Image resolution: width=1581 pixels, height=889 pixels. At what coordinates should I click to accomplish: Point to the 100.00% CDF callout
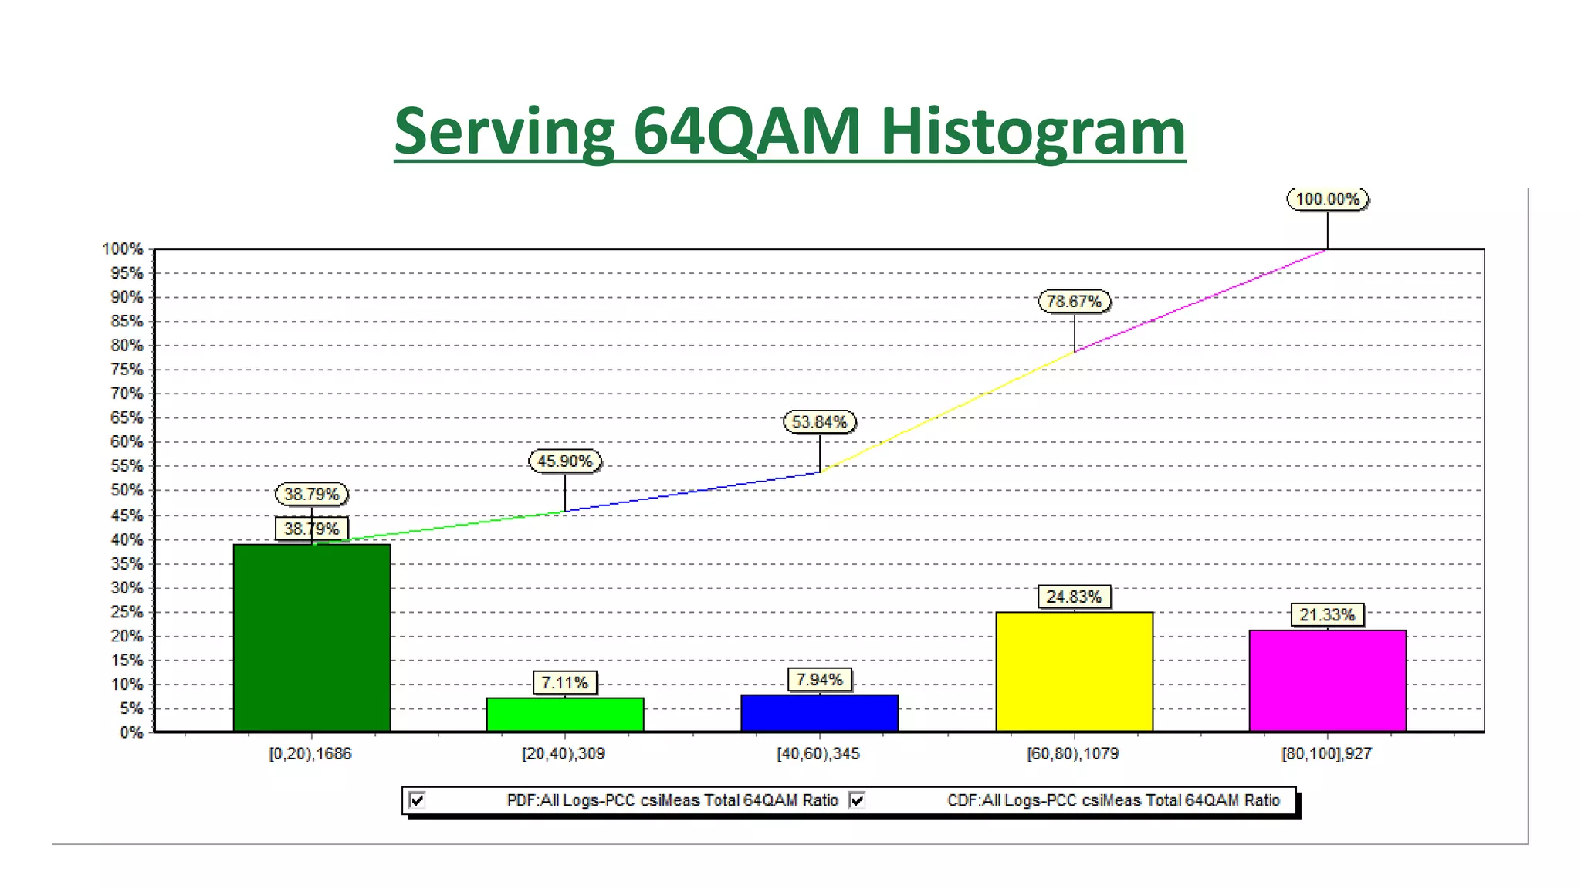tap(1327, 199)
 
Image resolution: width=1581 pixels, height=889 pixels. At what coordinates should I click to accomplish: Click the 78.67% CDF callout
tap(1074, 301)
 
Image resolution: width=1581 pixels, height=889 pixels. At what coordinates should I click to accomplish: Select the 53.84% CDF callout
tap(819, 422)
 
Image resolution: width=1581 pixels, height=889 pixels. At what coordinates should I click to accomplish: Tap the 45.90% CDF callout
tap(564, 461)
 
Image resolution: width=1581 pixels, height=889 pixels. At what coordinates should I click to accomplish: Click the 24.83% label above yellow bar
tap(1073, 597)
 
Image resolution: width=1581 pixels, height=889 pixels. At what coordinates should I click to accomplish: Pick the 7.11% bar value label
tap(564, 683)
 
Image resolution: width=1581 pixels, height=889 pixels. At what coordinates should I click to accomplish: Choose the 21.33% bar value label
tap(1327, 615)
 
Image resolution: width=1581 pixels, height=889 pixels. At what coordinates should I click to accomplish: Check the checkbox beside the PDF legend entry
tap(417, 800)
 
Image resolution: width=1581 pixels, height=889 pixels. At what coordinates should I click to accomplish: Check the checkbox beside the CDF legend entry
tap(857, 800)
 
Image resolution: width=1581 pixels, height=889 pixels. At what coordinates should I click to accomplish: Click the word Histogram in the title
tap(1032, 131)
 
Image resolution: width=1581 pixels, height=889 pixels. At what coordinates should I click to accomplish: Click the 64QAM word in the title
tap(746, 131)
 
